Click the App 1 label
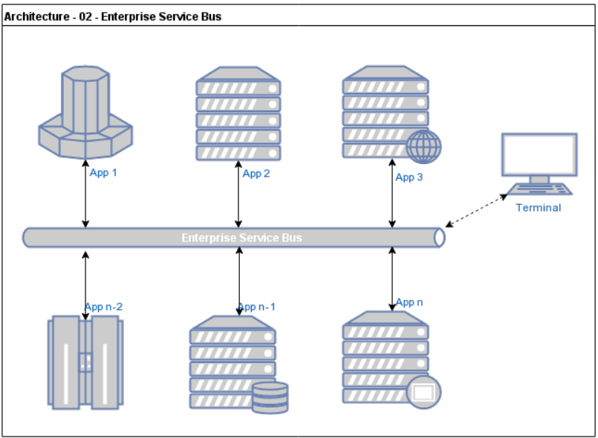(x=103, y=173)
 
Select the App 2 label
(x=256, y=174)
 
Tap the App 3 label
(x=409, y=177)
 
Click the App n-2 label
(x=103, y=307)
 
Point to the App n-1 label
(x=256, y=307)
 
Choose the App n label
(x=409, y=302)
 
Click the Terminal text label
(x=539, y=208)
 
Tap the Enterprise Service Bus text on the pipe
(x=241, y=238)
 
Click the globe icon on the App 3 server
(x=424, y=146)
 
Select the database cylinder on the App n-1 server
(x=270, y=397)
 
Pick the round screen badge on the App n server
(x=423, y=391)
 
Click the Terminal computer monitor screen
(x=539, y=154)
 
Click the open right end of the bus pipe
(x=439, y=238)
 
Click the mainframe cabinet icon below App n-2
(x=85, y=362)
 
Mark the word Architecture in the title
(x=33, y=16)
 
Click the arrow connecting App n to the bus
(x=392, y=278)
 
